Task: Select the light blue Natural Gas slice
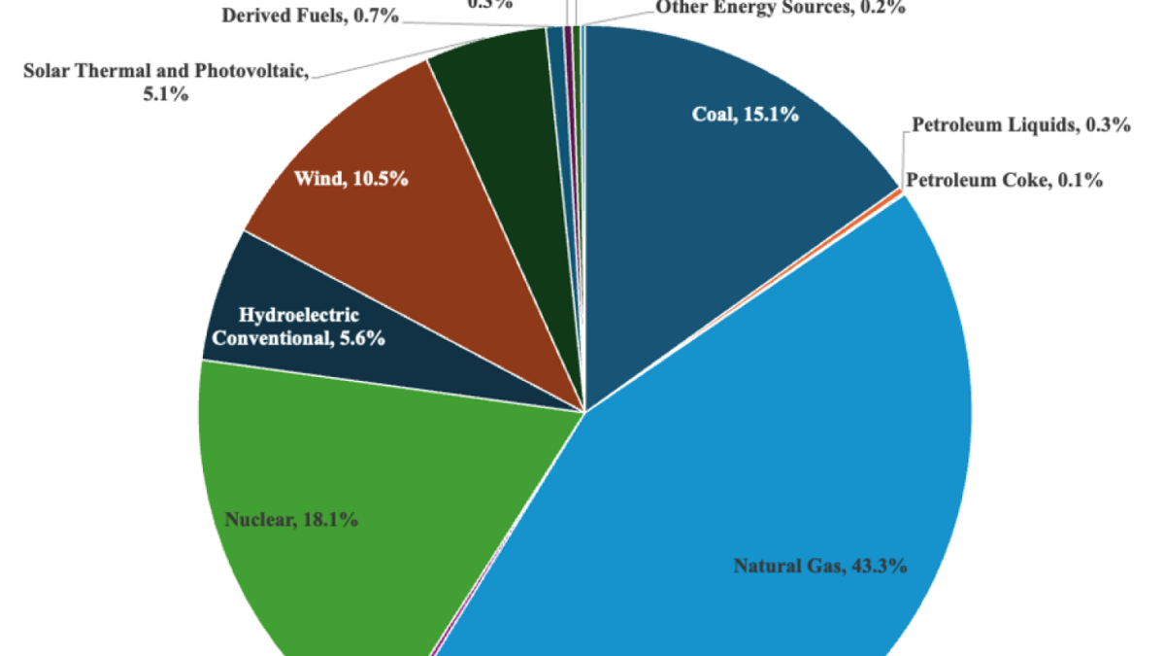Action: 777,437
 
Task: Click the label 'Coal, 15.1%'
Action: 745,115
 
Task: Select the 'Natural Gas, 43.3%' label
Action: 820,566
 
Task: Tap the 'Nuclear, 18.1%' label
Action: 292,520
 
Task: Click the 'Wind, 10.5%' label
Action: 350,179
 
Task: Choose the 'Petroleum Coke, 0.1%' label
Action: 1004,180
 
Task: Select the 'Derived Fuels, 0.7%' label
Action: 310,16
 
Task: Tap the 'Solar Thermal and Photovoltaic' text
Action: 165,72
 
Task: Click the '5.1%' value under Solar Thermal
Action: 165,94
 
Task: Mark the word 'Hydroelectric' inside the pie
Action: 285,316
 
